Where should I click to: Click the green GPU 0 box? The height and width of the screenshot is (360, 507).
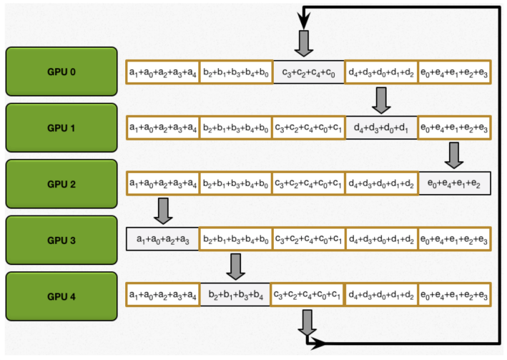pos(61,72)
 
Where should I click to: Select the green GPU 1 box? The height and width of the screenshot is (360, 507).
pos(61,128)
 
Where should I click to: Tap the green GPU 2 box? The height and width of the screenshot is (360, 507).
pos(61,184)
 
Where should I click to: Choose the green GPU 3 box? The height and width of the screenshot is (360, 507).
pos(61,240)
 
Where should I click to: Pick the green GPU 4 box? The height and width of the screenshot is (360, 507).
pos(61,295)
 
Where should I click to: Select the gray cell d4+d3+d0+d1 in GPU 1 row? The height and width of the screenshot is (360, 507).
pos(381,128)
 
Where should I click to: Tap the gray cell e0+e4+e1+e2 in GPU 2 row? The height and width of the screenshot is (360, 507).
pos(455,184)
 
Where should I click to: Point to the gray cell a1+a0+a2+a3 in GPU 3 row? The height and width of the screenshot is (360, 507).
pos(162,240)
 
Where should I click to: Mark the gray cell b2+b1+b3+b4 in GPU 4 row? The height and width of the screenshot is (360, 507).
pos(235,295)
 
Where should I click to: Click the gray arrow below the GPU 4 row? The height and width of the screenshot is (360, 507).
pos(307,321)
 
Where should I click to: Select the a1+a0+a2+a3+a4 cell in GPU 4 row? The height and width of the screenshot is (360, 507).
pos(162,295)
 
